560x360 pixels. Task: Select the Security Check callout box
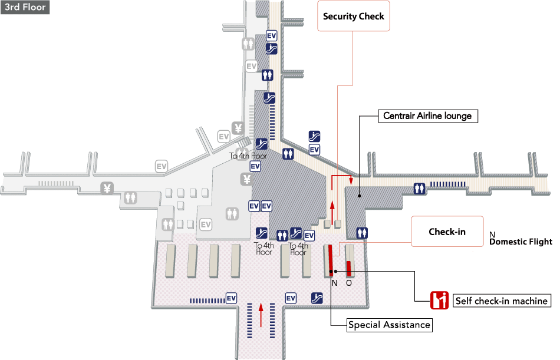click(x=353, y=16)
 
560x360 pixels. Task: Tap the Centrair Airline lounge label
click(x=427, y=116)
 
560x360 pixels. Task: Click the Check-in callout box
click(x=447, y=232)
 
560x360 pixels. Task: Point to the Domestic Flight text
click(x=521, y=242)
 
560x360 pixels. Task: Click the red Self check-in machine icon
click(x=439, y=300)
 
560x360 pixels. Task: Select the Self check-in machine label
click(x=502, y=301)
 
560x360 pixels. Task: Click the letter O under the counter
click(x=348, y=283)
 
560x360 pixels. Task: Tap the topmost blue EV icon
click(x=272, y=36)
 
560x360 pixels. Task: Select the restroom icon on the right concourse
click(x=420, y=188)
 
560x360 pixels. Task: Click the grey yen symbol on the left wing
click(x=107, y=189)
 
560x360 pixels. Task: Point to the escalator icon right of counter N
click(x=317, y=298)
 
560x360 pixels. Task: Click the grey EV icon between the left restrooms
click(x=205, y=224)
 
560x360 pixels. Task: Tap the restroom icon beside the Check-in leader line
click(x=363, y=233)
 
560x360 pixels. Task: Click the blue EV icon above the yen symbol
click(x=255, y=166)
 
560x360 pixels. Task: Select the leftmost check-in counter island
click(x=170, y=260)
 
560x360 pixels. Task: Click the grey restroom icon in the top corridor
click(x=248, y=44)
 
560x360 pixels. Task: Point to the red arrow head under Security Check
click(x=351, y=182)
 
